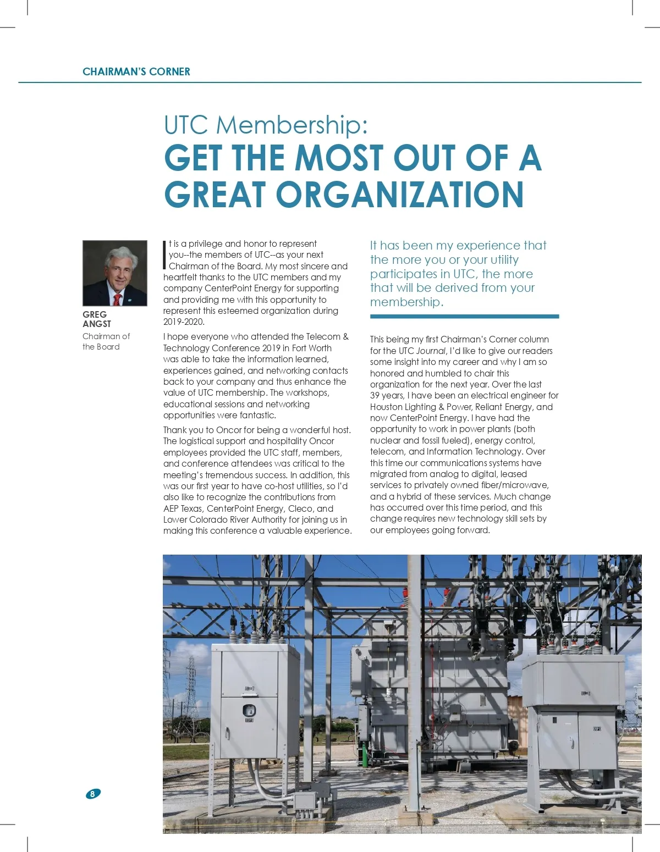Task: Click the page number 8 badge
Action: (x=93, y=794)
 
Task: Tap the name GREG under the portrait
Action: (x=95, y=314)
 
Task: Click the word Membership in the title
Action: (x=291, y=125)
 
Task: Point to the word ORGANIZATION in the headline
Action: (x=399, y=195)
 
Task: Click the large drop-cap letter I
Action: (x=165, y=255)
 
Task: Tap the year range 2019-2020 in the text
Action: (x=184, y=322)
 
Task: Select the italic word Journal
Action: (x=431, y=351)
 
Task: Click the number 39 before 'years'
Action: (x=375, y=395)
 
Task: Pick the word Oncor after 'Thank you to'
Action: (x=229, y=430)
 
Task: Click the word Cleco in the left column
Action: (x=300, y=508)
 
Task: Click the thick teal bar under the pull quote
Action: (x=464, y=317)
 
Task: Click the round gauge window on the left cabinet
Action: (x=249, y=710)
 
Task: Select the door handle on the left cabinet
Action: (x=249, y=720)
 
